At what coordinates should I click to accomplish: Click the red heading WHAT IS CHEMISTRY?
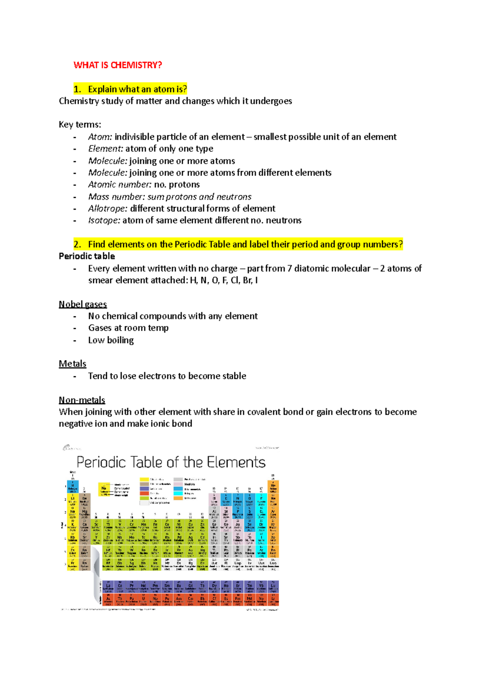coord(117,65)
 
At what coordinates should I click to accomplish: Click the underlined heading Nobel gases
coord(83,304)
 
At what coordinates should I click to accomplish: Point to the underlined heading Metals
coord(72,364)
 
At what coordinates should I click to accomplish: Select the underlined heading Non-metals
coord(82,400)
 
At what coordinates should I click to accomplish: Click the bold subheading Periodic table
coord(87,256)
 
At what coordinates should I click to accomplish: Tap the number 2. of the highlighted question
coord(77,244)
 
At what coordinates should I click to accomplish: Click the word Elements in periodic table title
coord(236,462)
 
